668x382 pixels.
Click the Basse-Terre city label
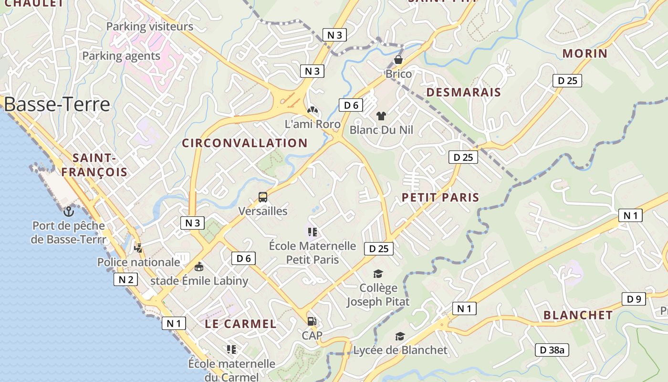point(57,104)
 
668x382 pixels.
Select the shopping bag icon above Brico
point(398,60)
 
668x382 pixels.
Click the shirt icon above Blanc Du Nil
point(381,116)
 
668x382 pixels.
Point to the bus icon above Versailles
point(263,197)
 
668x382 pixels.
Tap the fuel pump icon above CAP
point(312,321)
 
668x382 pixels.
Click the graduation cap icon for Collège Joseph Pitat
point(378,274)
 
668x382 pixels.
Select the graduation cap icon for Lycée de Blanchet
point(400,337)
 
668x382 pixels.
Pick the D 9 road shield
point(634,299)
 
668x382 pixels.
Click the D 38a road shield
point(552,350)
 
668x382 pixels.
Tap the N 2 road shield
point(125,279)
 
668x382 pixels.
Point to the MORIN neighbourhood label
point(585,53)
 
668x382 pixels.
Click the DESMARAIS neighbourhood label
point(464,93)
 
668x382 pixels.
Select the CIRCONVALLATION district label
point(245,143)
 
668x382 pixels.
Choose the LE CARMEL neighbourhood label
point(240,324)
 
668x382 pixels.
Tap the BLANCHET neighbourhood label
point(578,315)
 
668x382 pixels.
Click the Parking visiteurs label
point(149,27)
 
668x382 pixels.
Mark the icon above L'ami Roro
point(312,111)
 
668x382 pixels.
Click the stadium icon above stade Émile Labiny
point(199,267)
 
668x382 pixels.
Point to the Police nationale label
point(139,262)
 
